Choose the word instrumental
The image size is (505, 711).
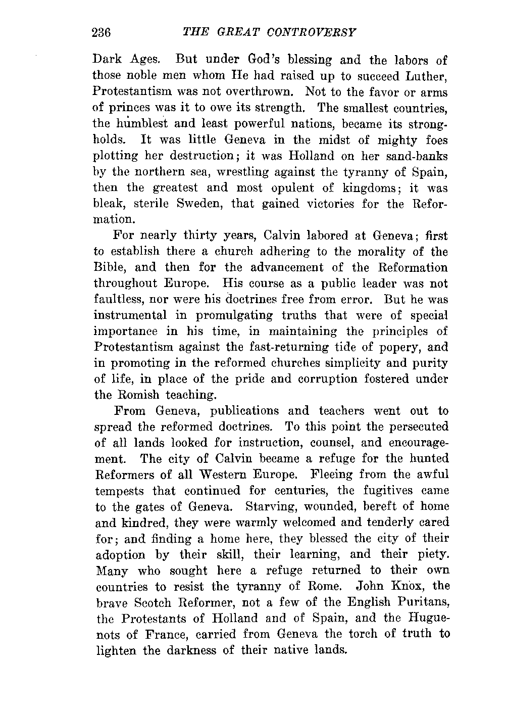click(130, 316)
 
